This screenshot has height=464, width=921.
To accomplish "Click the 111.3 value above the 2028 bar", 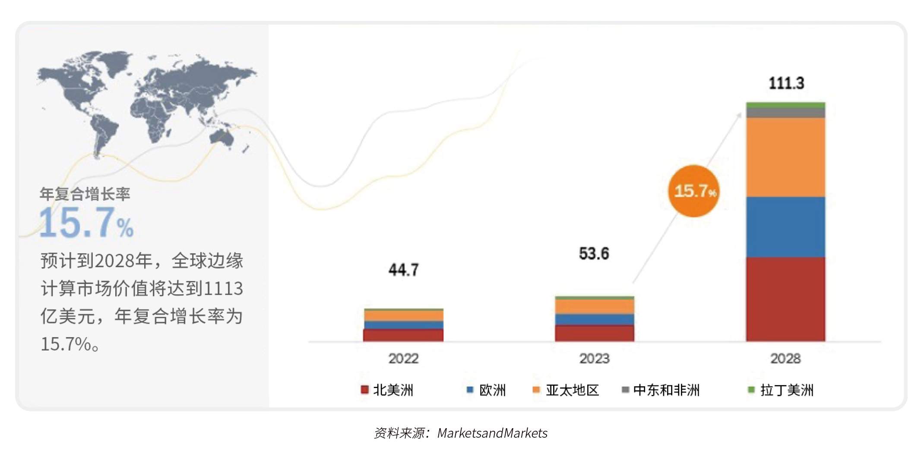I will [786, 83].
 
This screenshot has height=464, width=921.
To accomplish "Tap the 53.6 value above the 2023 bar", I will [594, 253].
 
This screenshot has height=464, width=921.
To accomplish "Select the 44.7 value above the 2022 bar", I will [403, 270].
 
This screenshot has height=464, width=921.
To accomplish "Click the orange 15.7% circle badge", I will [694, 191].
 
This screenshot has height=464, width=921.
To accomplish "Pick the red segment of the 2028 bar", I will [785, 299].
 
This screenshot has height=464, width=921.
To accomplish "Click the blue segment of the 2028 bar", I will [785, 227].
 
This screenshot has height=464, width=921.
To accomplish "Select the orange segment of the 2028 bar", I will [785, 157].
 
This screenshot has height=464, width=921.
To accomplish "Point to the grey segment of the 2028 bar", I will [785, 113].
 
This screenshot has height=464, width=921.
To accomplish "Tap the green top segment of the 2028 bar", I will [785, 105].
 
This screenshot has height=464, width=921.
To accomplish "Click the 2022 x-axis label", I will [403, 358].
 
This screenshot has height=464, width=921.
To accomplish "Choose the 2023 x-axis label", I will [594, 358].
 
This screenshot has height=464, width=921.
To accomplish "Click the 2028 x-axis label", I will [785, 358].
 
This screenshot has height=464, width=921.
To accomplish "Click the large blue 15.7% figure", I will [86, 223].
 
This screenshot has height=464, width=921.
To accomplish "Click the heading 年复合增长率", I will [85, 194].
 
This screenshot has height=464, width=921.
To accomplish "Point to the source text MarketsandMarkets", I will [492, 433].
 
